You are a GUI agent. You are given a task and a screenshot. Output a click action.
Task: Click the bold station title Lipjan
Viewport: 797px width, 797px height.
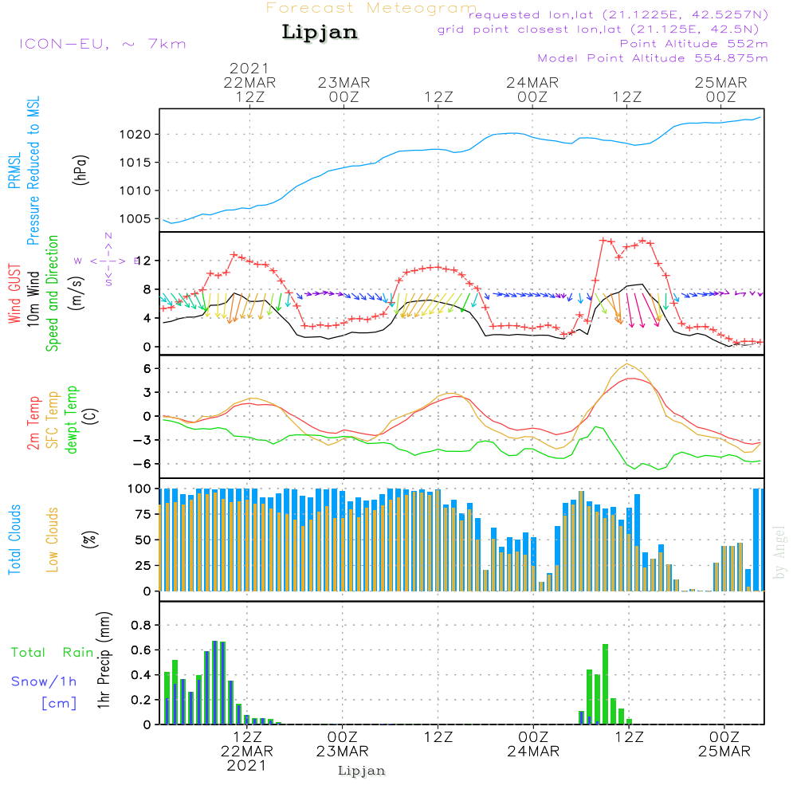click(x=320, y=33)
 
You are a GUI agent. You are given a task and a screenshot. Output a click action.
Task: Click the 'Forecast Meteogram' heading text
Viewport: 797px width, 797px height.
click(x=371, y=8)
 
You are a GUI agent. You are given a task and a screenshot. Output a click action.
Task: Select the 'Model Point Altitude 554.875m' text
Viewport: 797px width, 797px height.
click(x=653, y=58)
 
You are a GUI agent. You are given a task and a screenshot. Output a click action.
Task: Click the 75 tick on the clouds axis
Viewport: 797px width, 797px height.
click(x=141, y=515)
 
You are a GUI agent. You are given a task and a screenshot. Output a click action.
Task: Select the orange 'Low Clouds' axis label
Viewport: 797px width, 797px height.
click(x=53, y=540)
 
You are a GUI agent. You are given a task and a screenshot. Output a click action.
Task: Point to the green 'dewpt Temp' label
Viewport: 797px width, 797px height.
click(x=72, y=420)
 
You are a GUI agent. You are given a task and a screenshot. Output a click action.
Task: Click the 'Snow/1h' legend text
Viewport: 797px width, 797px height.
click(x=44, y=681)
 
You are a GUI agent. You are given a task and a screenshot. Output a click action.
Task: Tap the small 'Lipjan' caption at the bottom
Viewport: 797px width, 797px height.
click(x=362, y=771)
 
